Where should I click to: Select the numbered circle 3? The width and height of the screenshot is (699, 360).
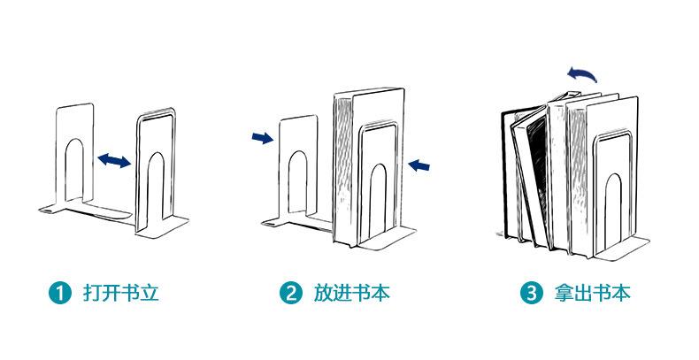(530, 293)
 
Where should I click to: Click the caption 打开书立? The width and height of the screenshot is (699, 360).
(120, 293)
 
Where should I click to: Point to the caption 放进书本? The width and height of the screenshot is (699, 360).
(351, 293)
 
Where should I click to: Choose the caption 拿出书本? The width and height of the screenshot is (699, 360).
(592, 293)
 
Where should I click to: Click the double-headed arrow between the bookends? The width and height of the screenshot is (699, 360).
(114, 160)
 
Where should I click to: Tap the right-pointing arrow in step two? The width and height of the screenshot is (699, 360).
(262, 137)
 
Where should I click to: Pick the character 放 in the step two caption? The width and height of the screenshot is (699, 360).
(322, 293)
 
